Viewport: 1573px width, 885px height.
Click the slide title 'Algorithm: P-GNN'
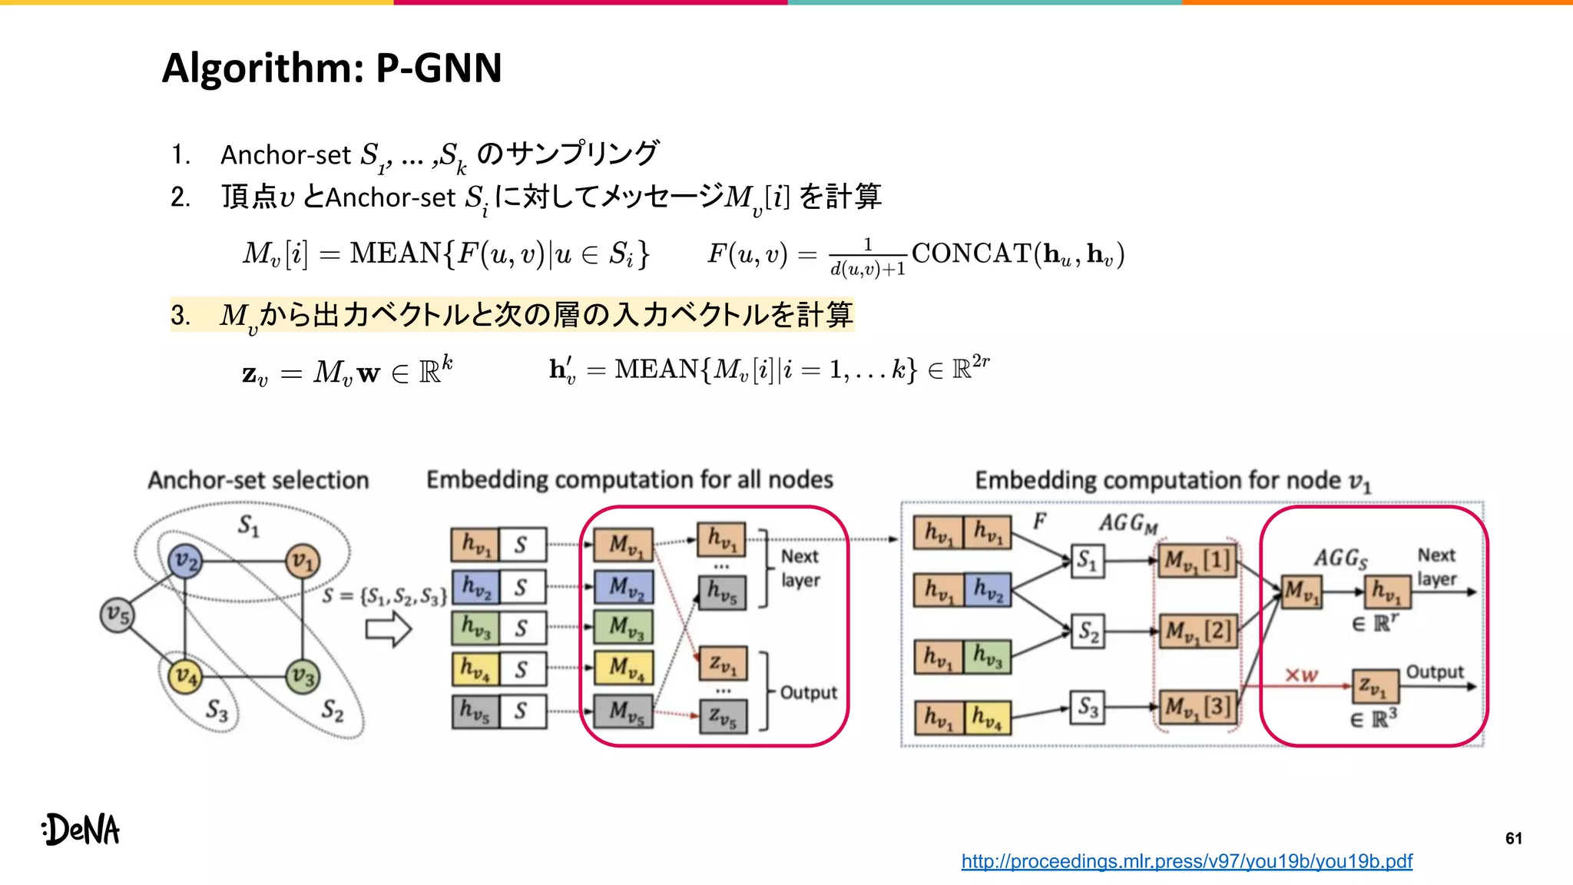pos(332,68)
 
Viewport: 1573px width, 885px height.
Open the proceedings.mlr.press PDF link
pos(1187,861)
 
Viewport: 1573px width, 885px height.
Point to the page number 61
pos(1513,838)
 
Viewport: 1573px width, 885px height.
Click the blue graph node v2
pos(185,562)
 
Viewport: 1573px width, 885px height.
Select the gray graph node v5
pos(118,615)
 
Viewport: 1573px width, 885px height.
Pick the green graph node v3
pos(303,677)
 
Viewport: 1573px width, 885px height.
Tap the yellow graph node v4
pos(185,676)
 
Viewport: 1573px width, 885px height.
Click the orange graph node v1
pos(303,562)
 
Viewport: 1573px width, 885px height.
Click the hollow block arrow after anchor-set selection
pos(388,630)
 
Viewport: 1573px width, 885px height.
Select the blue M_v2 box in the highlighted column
pos(624,587)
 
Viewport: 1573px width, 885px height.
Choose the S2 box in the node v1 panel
pos(1088,631)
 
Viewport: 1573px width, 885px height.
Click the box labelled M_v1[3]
pos(1197,706)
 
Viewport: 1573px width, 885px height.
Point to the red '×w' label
pos(1301,675)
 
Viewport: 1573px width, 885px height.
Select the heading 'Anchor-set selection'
pos(258,480)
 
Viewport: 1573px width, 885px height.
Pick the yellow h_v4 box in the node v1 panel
pos(987,718)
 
